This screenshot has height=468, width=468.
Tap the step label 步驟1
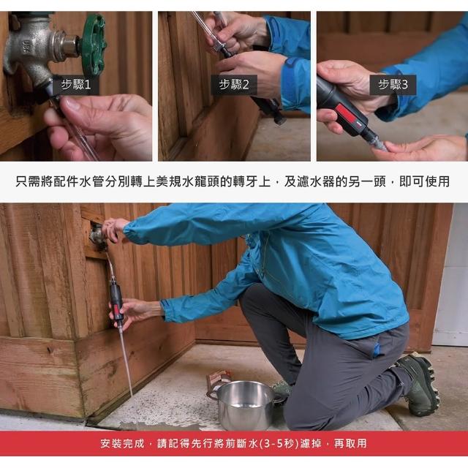click(x=76, y=85)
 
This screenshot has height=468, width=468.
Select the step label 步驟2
click(x=234, y=85)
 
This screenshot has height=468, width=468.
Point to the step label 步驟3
click(x=393, y=85)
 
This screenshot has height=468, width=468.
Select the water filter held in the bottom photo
click(x=116, y=302)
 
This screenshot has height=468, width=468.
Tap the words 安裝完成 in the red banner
click(x=122, y=444)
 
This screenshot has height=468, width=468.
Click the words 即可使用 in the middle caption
click(x=424, y=181)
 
